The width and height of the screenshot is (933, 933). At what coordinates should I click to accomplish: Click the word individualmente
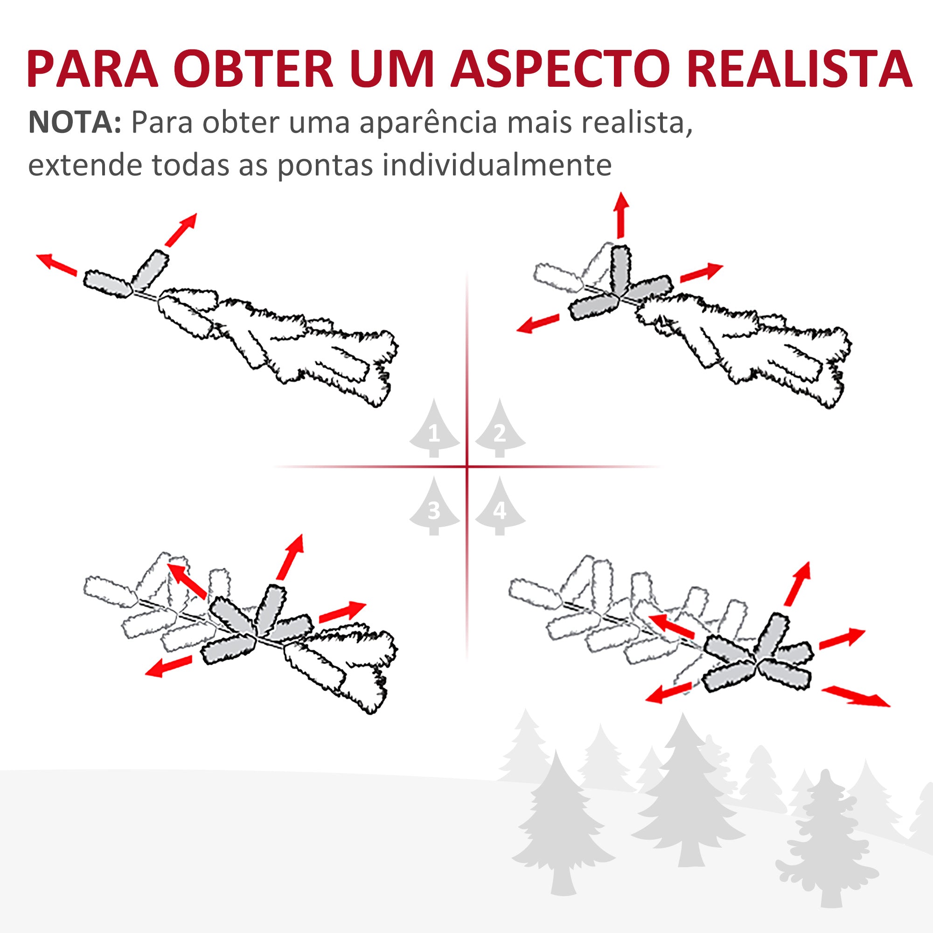point(497,165)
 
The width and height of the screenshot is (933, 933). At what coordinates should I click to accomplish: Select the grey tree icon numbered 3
point(434,507)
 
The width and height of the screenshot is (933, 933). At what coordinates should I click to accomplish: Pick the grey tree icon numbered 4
point(500,507)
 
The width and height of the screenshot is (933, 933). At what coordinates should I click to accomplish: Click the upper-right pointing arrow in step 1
point(181,230)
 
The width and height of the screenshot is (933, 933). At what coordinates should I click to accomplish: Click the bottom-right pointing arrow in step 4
point(855,696)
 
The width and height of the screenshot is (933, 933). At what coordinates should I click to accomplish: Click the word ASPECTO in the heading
point(560,69)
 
